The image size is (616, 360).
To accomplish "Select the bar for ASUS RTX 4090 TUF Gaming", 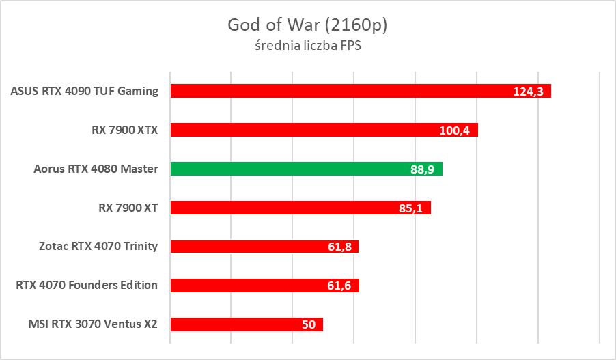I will pos(341,91).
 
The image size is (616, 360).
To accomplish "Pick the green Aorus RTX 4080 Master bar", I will pos(287,169).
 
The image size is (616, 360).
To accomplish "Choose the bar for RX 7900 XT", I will pos(280,208).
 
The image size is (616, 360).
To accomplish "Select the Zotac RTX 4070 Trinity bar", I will pos(246,247).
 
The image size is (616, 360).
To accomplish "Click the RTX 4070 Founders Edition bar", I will pos(246,286).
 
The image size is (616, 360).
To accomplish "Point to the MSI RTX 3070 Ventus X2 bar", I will pos(232,324).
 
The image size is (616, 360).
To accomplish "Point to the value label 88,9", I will pos(421,169).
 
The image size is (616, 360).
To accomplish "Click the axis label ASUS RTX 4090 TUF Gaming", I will pos(85,91).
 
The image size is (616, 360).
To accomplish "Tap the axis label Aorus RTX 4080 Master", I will pos(96,169).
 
